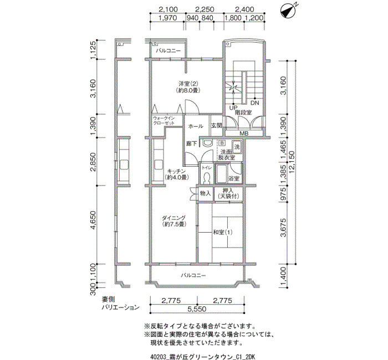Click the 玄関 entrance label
click(216, 126)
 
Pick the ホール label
click(195, 126)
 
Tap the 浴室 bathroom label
click(233, 179)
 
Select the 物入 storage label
click(205, 193)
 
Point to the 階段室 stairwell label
click(243, 112)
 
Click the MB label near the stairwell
click(244, 133)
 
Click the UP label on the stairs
click(233, 107)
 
